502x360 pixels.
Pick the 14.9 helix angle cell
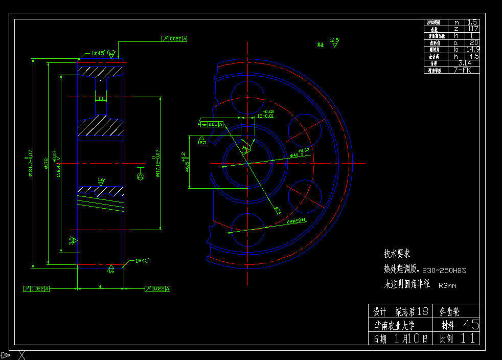pos(473,50)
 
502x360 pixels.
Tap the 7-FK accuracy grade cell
pos(463,70)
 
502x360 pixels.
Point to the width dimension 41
pos(101,287)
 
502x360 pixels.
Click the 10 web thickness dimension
pos(100,98)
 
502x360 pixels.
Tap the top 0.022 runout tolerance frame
pos(174,38)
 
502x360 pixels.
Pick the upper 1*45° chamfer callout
pos(98,53)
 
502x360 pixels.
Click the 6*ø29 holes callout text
pos(296,221)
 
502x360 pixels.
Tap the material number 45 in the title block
pos(471,324)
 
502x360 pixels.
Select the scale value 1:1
pos(468,338)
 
